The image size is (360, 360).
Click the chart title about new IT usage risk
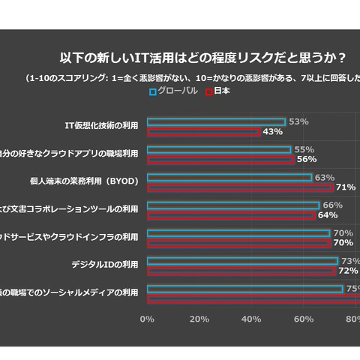(202, 58)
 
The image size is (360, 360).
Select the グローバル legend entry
(173, 91)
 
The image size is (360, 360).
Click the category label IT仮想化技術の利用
(103, 125)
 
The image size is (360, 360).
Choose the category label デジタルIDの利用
(104, 264)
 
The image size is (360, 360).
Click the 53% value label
(298, 121)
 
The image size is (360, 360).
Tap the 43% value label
(272, 132)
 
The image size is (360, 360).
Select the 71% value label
(346, 187)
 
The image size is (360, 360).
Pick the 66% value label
(332, 205)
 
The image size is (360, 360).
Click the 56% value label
(306, 160)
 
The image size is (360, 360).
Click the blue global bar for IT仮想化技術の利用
(216, 121)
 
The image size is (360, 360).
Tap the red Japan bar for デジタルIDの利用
(241, 271)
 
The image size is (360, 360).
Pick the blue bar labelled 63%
(229, 178)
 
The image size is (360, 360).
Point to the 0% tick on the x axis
(148, 319)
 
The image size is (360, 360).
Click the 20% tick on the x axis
(199, 319)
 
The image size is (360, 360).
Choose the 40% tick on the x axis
(251, 319)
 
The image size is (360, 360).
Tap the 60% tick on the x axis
(304, 319)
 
